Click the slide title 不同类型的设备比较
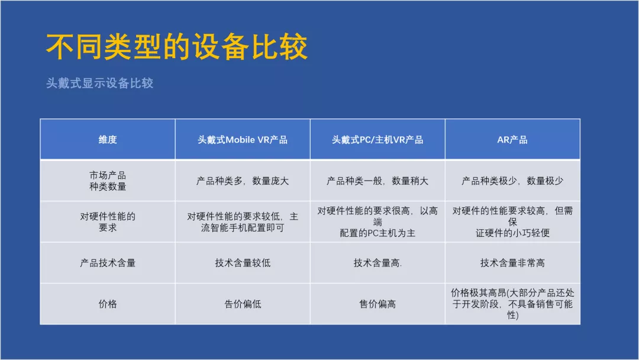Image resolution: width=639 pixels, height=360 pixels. [176, 47]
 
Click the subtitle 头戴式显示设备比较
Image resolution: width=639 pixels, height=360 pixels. [99, 83]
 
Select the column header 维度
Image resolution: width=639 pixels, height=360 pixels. [108, 139]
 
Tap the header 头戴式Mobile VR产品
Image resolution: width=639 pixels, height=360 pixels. [243, 139]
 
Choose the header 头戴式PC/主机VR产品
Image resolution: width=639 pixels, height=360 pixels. [377, 139]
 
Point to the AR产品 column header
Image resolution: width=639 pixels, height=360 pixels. [512, 139]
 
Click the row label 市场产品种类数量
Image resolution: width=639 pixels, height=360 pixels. [108, 181]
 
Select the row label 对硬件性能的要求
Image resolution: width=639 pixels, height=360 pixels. [108, 222]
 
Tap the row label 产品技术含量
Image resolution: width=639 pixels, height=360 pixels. [108, 263]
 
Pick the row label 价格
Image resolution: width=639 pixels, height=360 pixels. [108, 304]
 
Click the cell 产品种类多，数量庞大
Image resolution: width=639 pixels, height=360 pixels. [243, 181]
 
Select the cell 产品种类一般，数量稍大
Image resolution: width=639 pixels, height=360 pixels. [377, 181]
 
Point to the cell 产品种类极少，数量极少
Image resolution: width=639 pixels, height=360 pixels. [512, 181]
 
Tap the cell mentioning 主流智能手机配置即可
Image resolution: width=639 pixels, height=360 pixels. [243, 222]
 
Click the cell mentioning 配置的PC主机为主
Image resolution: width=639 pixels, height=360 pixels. [377, 222]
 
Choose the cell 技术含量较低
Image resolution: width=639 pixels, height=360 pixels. [243, 263]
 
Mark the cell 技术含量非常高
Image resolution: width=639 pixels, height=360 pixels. [512, 263]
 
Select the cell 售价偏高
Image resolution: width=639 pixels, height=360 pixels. [377, 304]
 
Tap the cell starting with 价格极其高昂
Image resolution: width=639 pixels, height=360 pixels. [512, 304]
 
